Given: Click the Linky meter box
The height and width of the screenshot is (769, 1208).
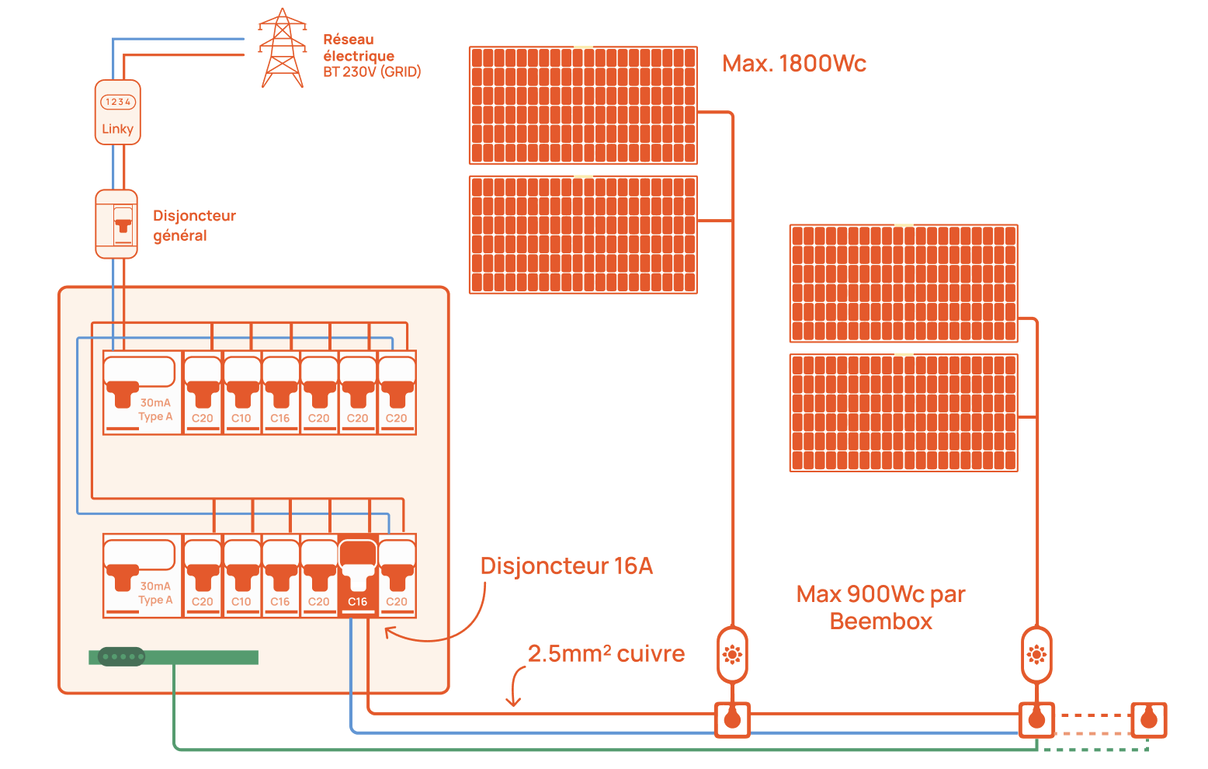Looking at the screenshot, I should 117,112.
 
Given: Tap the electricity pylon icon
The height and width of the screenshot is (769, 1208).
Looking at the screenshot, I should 282,48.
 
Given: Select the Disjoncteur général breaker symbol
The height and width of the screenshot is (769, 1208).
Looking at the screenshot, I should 116,224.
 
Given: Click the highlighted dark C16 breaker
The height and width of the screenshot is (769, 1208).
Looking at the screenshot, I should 358,576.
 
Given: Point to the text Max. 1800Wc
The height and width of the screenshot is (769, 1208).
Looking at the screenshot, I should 793,64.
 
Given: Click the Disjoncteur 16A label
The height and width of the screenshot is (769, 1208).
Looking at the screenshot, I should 567,565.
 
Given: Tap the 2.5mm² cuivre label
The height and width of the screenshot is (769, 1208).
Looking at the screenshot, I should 606,654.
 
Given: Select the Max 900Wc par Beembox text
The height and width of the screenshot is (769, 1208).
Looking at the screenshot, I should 880,607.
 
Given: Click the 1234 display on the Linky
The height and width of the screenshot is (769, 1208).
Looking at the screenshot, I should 118,102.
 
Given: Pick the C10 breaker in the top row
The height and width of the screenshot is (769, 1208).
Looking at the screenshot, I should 241,392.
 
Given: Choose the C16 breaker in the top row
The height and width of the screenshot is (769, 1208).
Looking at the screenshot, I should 280,392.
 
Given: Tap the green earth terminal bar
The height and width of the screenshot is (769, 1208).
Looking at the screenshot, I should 174,657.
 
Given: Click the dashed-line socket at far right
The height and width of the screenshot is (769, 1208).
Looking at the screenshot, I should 1148,719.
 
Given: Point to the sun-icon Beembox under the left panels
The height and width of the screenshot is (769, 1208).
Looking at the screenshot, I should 732,655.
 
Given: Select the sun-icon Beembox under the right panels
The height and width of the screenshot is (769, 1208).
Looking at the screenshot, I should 1036,655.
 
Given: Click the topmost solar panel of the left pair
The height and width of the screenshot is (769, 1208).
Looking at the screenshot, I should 583,105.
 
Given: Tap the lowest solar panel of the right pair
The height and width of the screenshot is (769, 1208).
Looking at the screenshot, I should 904,412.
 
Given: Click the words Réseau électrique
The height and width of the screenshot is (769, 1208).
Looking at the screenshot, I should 358,47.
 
